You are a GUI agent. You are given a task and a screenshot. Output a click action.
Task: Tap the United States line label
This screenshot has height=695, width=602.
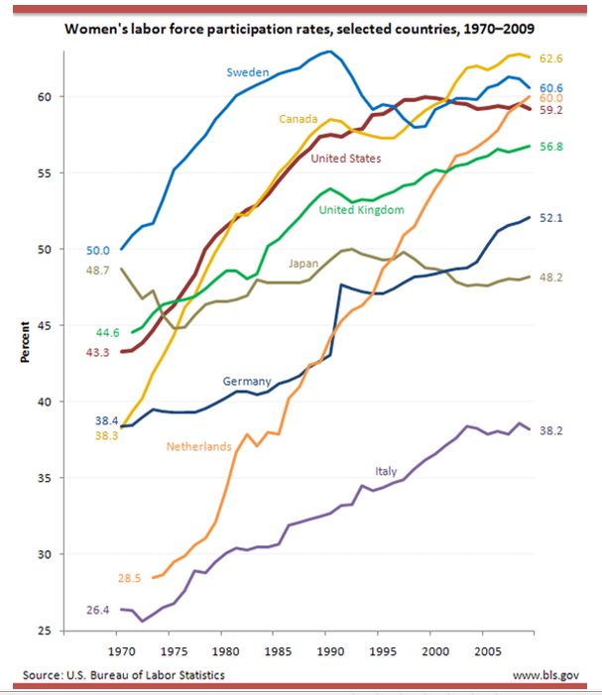pos(345,158)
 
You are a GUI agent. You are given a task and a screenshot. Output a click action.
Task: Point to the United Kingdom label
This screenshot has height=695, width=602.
pos(361,209)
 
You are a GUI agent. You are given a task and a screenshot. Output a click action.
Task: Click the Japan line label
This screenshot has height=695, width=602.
pos(302,263)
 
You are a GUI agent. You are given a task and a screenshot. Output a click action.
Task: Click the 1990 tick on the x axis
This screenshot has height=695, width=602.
pos(327,651)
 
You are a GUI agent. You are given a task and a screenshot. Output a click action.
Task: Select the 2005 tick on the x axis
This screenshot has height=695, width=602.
pos(485,651)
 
